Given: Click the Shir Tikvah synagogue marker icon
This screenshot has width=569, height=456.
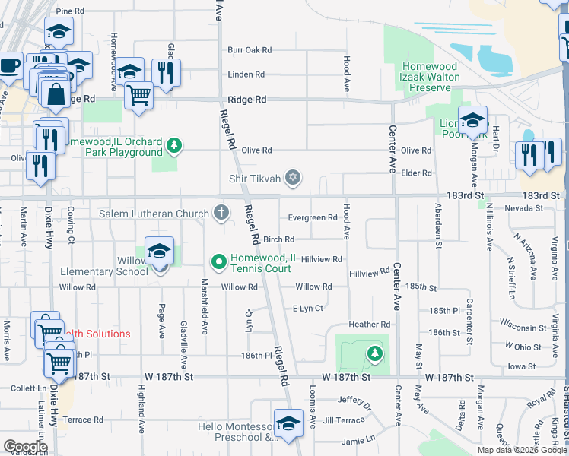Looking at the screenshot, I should tap(293, 179).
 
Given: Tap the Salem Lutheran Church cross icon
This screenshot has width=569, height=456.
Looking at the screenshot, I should tap(221, 213).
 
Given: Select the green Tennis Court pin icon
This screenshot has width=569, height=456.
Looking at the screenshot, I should tap(219, 263).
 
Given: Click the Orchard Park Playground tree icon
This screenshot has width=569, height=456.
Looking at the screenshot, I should tap(174, 144).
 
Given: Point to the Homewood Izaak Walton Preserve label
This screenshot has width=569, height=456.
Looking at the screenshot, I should tap(431, 77).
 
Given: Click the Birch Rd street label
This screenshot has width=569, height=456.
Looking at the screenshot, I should tap(278, 240).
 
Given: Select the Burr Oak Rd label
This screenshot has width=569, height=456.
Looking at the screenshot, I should tap(249, 50).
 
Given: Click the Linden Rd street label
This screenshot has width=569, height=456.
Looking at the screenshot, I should tap(246, 74).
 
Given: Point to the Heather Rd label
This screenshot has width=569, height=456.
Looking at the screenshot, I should tap(369, 325).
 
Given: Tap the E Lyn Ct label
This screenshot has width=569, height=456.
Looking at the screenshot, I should tap(308, 309).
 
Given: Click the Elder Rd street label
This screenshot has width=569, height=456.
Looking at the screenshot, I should tap(416, 173).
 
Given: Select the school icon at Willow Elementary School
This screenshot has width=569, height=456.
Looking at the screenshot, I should tap(159, 252).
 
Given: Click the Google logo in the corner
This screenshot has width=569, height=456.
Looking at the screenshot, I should tap(25, 446).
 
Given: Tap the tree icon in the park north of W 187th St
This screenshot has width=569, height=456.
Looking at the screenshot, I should tap(374, 353).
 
